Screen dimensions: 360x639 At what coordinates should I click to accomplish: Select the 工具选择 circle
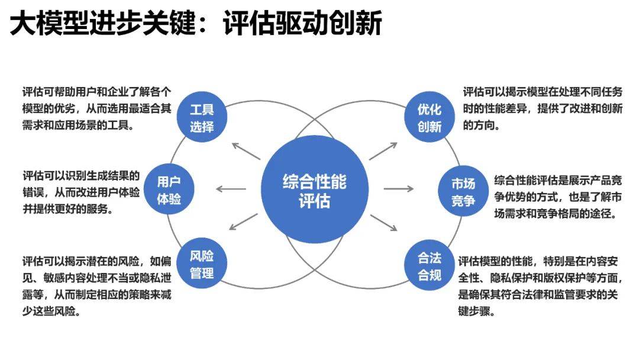click(202, 117)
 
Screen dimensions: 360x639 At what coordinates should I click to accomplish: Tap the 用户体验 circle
click(169, 189)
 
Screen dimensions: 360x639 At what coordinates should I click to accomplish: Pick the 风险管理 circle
click(202, 264)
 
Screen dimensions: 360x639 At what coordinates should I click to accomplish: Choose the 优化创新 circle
click(430, 117)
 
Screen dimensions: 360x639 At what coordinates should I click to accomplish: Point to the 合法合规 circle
click(430, 266)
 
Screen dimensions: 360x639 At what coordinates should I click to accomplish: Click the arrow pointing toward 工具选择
click(246, 152)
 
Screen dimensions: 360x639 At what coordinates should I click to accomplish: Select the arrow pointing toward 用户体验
click(231, 189)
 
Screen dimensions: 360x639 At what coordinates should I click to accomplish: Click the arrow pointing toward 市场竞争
click(399, 189)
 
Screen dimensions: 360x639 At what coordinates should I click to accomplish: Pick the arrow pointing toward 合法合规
click(383, 222)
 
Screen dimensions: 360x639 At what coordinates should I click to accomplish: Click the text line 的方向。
click(483, 126)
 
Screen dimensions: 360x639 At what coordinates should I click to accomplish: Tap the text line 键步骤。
click(475, 311)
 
